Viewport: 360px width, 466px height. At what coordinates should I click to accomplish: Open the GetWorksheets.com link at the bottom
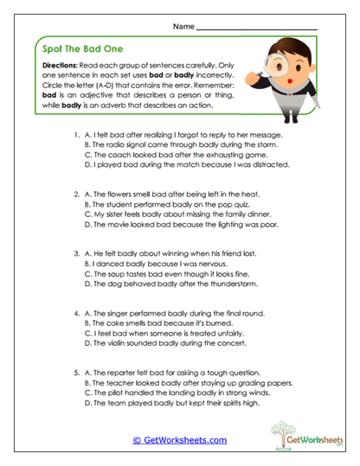(x=180, y=439)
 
